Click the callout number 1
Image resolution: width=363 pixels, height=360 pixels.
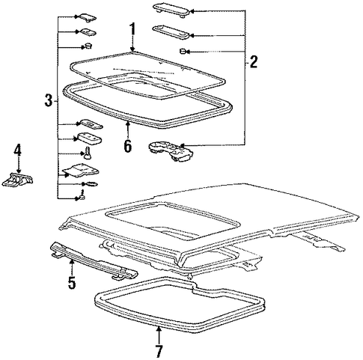point(132,29)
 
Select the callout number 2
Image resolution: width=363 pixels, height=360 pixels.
point(254,61)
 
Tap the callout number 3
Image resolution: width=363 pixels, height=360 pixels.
point(49,100)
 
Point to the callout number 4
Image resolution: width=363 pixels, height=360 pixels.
point(17,150)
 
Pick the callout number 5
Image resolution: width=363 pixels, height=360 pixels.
point(72,282)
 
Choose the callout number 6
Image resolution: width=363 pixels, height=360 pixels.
point(127,146)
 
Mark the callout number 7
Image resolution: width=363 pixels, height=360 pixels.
point(159,351)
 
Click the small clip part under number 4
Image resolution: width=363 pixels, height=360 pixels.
point(18,179)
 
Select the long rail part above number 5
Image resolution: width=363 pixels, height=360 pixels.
point(94,260)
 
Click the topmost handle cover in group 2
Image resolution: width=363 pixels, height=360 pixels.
point(171,10)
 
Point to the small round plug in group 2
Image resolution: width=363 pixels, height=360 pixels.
point(183,52)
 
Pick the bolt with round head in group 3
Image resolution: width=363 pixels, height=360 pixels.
point(87,153)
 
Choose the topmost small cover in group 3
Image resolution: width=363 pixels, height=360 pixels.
point(88,17)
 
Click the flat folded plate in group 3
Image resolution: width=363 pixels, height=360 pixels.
point(81,171)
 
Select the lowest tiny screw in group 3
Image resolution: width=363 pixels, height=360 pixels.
point(82,196)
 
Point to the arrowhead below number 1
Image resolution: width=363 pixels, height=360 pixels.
point(132,49)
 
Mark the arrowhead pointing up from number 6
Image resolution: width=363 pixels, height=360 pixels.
point(128,123)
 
